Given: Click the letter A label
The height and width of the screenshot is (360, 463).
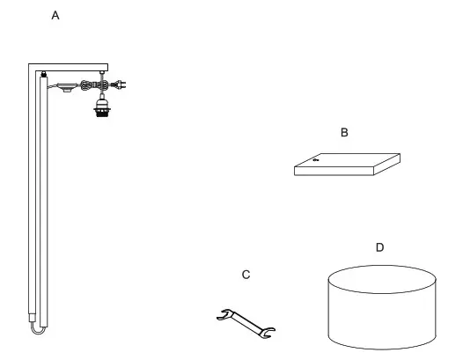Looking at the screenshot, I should point(56,16).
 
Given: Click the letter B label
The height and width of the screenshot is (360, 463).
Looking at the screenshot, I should point(345,132).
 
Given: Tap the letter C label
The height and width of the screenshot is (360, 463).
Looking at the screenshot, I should point(246,276).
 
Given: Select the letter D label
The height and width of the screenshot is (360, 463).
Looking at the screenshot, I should point(379,247).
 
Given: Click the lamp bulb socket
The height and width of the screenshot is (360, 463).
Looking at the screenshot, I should point(102,111).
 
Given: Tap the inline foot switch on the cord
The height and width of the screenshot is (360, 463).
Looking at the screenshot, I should point(63,86).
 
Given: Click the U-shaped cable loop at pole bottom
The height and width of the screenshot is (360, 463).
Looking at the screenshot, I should point(37,327).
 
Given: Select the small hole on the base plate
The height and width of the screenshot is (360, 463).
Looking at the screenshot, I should point(315,160).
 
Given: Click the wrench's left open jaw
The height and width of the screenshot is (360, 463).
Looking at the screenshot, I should point(224,313).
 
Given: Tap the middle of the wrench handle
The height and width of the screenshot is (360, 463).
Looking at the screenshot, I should point(246,323).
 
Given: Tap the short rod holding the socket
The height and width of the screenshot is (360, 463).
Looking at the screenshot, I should point(102,93).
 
